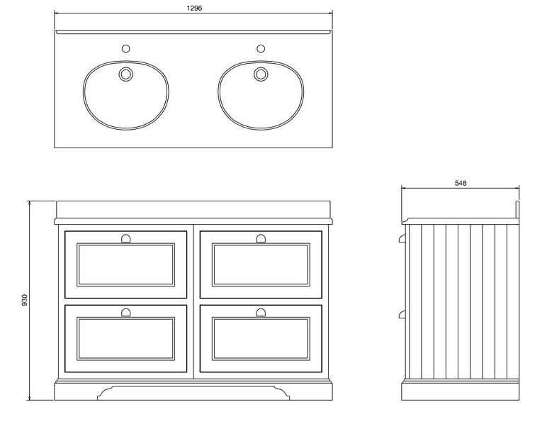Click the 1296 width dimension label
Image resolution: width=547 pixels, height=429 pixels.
pyautogui.click(x=194, y=8)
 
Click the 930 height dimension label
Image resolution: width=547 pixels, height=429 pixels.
pyautogui.click(x=24, y=300)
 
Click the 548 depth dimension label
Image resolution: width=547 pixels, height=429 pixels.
pyautogui.click(x=461, y=183)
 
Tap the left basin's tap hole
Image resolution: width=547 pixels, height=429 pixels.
pyautogui.click(x=126, y=48)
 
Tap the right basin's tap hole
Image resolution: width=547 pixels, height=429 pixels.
pyautogui.click(x=261, y=48)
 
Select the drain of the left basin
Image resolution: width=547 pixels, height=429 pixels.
pyautogui.click(x=126, y=74)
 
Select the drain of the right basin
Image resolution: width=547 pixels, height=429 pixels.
pyautogui.click(x=261, y=74)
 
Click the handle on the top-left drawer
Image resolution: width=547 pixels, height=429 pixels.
pyautogui.click(x=125, y=238)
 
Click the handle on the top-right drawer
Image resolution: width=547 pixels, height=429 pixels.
pyautogui.click(x=261, y=238)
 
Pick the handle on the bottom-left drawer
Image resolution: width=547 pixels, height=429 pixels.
pyautogui.click(x=125, y=313)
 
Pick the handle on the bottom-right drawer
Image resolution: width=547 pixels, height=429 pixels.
pyautogui.click(x=261, y=313)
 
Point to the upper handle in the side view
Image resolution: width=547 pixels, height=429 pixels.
pyautogui.click(x=402, y=238)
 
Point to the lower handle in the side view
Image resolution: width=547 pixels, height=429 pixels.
pyautogui.click(x=402, y=314)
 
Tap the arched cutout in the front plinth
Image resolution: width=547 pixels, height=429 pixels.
pyautogui.click(x=193, y=386)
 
